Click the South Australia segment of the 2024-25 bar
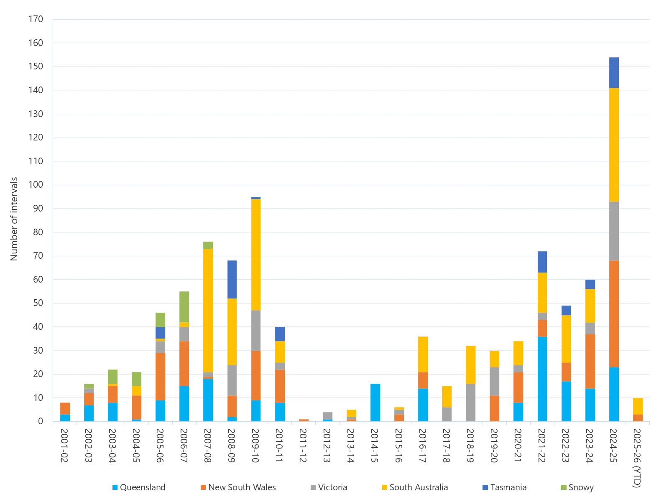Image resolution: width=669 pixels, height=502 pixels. (614, 145)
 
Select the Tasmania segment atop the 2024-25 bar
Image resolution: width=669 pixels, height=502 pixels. (614, 73)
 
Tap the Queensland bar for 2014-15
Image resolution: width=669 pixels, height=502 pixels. (375, 402)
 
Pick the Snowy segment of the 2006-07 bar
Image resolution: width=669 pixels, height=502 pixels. (184, 306)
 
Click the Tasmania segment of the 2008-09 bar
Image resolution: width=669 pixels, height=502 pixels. (232, 279)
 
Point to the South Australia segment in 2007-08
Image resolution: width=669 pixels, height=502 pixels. (208, 310)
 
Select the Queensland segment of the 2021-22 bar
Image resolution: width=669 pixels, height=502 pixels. (542, 379)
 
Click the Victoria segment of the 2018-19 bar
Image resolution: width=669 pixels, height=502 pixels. (470, 402)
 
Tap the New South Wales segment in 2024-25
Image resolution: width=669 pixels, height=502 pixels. (614, 313)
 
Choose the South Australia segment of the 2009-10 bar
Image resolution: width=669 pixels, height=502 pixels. (255, 255)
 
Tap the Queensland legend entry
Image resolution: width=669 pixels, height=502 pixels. (139, 487)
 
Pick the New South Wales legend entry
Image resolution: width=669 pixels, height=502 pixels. (238, 487)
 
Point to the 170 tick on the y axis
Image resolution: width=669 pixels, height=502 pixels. (36, 19)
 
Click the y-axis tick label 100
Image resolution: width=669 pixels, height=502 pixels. (36, 185)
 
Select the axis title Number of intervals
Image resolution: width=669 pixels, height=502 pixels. (14, 219)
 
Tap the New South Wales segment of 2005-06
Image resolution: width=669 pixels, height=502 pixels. (160, 376)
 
